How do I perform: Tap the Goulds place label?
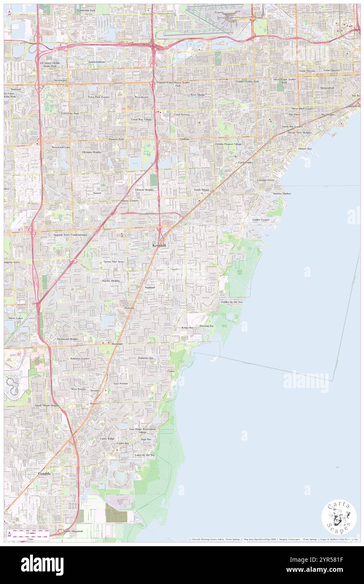[44, 474]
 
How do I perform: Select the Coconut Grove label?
[266, 180]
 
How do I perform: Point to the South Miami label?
[201, 190]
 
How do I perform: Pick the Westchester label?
[141, 97]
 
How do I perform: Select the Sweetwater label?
[60, 80]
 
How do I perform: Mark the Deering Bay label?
[206, 326]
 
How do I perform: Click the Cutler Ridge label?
[107, 438]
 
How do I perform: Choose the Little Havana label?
[307, 71]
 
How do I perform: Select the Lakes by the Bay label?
[145, 455]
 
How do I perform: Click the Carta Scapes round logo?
[338, 517]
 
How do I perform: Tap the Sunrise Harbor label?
[282, 193]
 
